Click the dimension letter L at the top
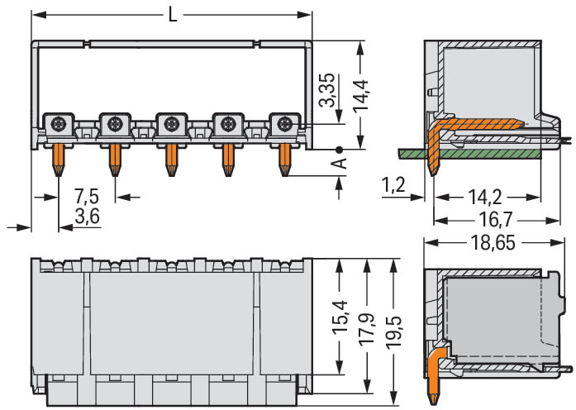tap(172, 14)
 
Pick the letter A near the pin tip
tap(338, 163)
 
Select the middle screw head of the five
tap(172, 125)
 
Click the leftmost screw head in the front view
tap(60, 125)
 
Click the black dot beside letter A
tap(338, 150)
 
